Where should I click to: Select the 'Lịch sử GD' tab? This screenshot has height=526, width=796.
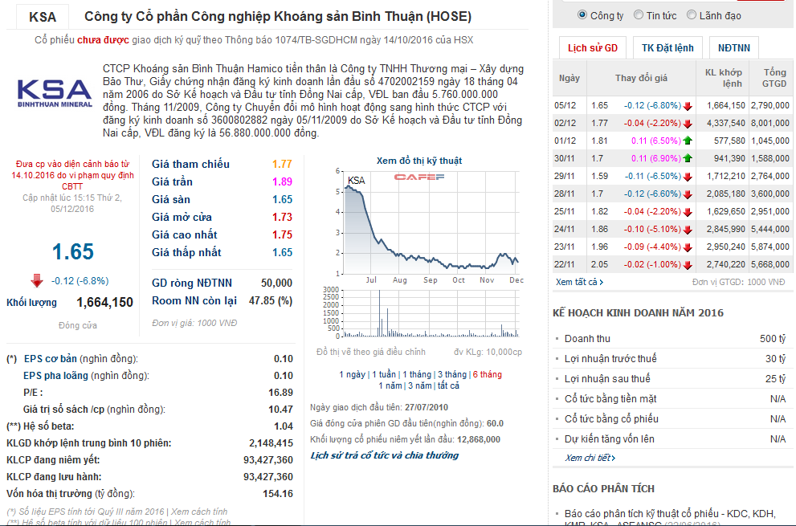pos(592,48)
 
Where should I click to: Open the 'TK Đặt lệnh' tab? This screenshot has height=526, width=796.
pos(667,48)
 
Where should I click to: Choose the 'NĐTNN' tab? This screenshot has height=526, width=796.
pos(734,48)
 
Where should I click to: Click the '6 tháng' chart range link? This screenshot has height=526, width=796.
pos(487,374)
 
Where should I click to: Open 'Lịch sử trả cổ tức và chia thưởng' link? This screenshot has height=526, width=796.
pos(384,455)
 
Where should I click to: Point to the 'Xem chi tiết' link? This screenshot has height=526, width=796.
pos(590,458)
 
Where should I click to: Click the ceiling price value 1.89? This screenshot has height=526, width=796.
pos(282,181)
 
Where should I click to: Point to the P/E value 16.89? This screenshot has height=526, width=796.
pos(280,393)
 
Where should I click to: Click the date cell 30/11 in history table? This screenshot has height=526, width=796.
pos(565,158)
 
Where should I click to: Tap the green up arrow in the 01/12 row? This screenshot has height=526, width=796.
pos(688,141)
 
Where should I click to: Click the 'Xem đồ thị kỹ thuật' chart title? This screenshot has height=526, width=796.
pos(419,161)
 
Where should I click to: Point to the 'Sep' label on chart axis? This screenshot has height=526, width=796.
pos(430,280)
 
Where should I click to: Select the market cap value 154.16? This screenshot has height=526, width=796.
pos(278,493)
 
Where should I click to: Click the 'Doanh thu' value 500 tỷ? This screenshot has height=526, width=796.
pos(773,339)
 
